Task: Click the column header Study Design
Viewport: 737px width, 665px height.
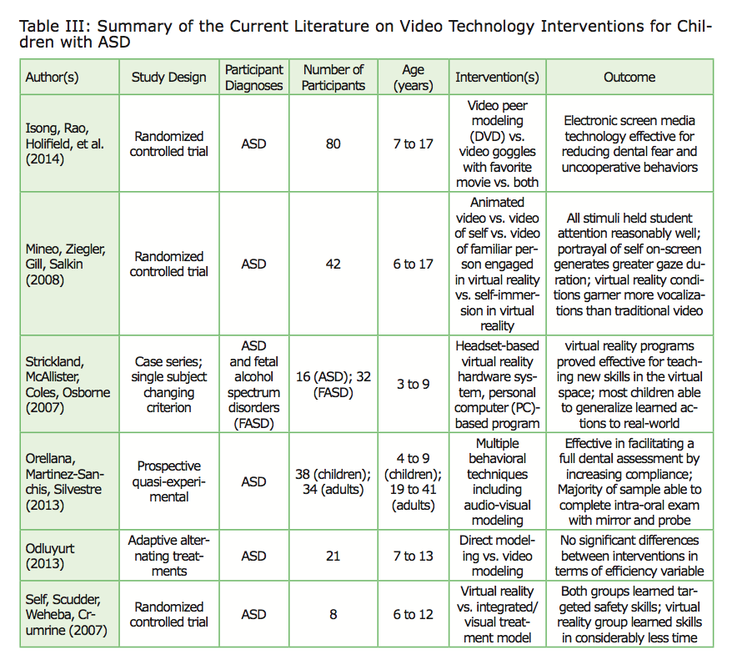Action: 169,78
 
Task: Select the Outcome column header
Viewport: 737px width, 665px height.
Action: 629,78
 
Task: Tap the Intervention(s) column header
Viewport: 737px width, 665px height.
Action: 497,78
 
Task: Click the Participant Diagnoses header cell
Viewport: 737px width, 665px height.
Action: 254,78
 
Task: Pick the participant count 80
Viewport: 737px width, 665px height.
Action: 333,144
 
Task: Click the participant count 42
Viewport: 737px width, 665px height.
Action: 333,264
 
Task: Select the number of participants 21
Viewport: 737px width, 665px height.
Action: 333,556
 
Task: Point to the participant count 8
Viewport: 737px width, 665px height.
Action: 333,615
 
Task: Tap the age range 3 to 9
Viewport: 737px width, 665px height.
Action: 414,385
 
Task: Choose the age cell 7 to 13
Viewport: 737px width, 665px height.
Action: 414,556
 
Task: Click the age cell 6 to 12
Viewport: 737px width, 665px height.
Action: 414,615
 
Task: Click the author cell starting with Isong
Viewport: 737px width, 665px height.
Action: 63,144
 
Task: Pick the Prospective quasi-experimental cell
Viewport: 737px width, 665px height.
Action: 169,481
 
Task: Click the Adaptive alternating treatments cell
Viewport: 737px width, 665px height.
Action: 169,556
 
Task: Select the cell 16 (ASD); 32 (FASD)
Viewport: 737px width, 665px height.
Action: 333,385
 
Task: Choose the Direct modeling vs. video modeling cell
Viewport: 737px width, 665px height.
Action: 497,556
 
